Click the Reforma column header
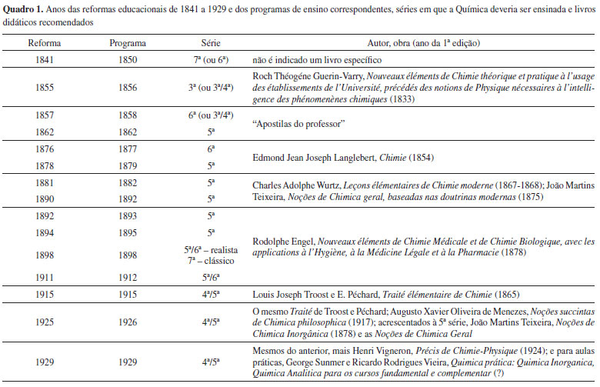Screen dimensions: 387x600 click(44, 44)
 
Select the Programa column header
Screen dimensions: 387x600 click(128, 44)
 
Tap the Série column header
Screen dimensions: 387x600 click(211, 44)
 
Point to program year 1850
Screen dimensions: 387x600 click(128, 59)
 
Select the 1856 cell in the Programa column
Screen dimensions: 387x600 click(128, 88)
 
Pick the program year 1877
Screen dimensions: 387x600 click(128, 149)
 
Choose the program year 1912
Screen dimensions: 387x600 click(128, 276)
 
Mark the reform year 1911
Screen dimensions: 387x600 click(44, 276)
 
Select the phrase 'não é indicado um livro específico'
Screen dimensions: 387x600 click(315, 59)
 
